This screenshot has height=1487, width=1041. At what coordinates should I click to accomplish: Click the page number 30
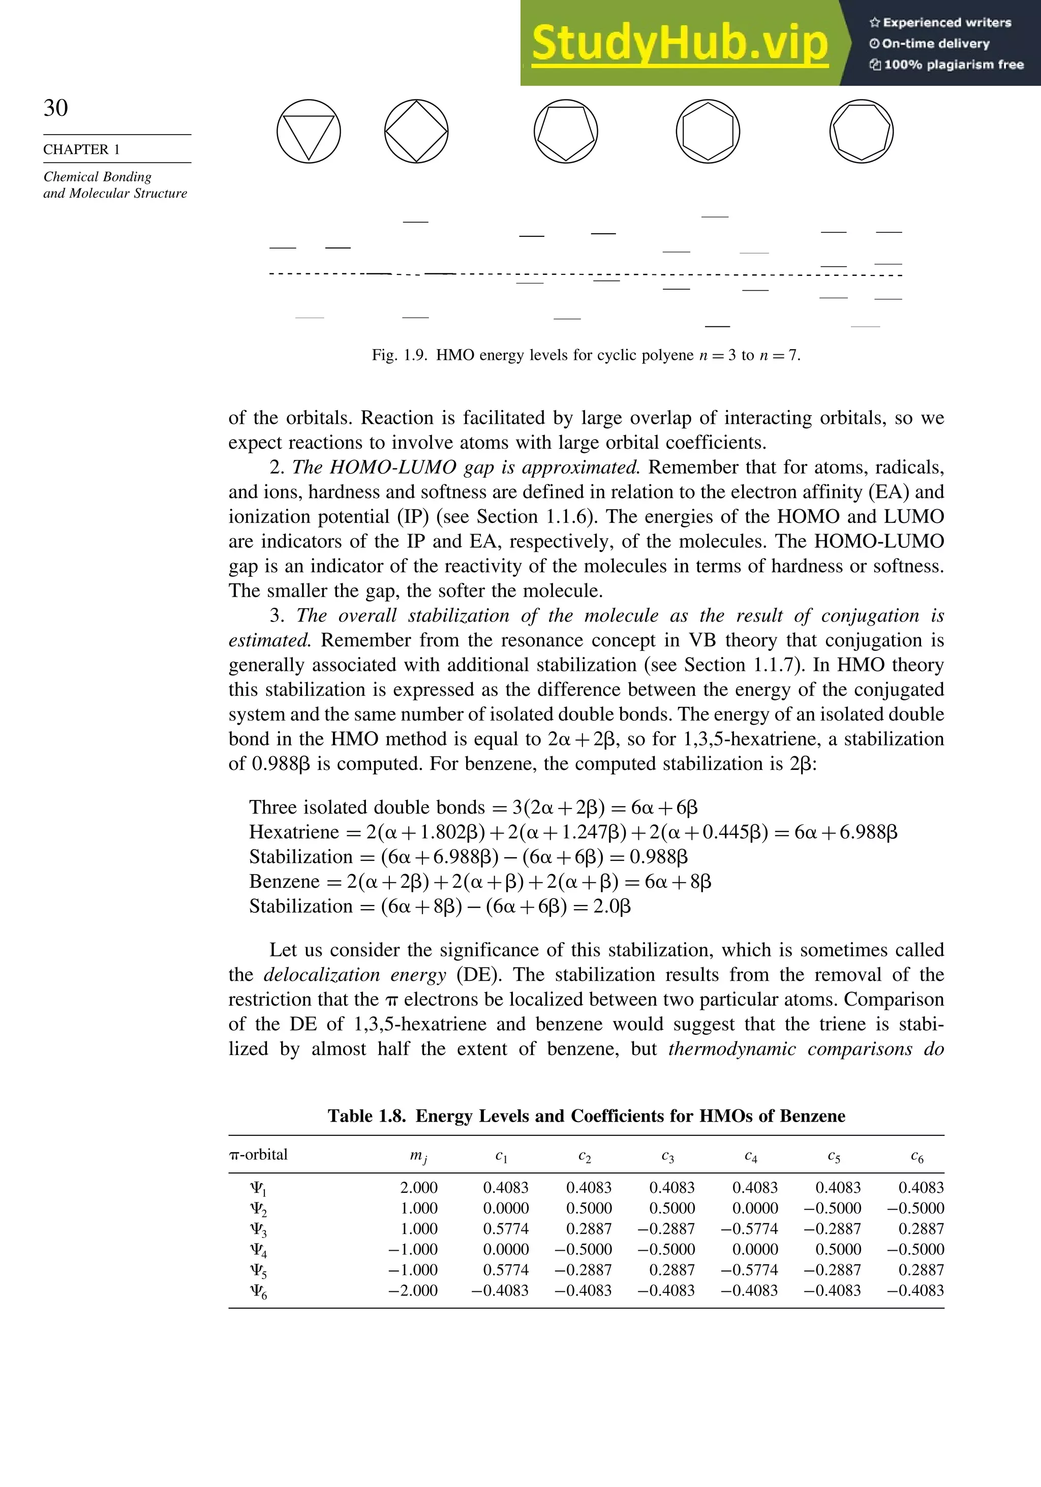click(x=56, y=108)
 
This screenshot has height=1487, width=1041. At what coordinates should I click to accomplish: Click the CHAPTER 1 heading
click(x=82, y=149)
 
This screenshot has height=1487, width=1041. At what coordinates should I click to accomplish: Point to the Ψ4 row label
click(x=258, y=1250)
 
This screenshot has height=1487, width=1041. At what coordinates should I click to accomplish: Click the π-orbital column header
click(x=258, y=1155)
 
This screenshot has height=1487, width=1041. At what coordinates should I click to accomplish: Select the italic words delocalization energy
click(x=354, y=975)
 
